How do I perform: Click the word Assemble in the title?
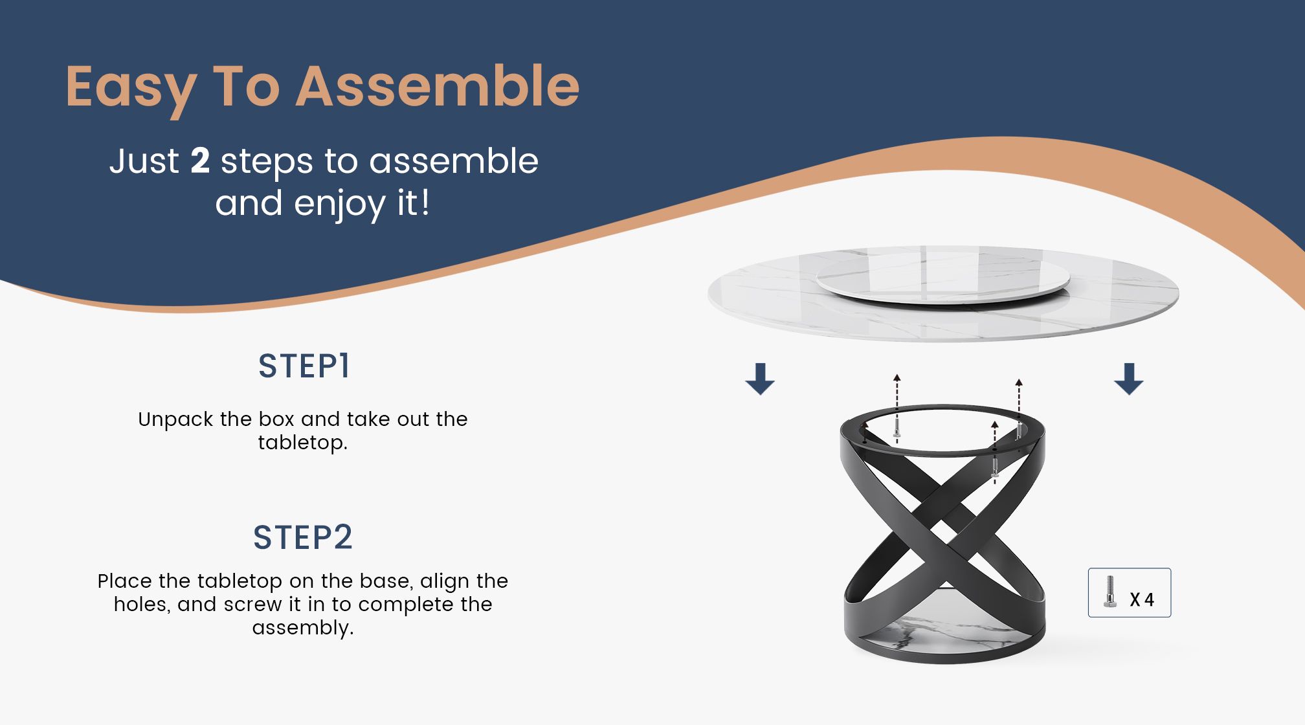pyautogui.click(x=438, y=86)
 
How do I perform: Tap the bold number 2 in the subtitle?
pyautogui.click(x=200, y=161)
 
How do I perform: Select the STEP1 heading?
pyautogui.click(x=304, y=366)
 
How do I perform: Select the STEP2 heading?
pyautogui.click(x=303, y=537)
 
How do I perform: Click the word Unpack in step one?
pyautogui.click(x=175, y=419)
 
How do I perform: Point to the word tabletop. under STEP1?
pyautogui.click(x=302, y=443)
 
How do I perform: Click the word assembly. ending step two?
pyautogui.click(x=302, y=628)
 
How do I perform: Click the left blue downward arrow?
pyautogui.click(x=760, y=379)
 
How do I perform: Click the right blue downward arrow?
pyautogui.click(x=1128, y=379)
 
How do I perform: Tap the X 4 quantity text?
pyautogui.click(x=1142, y=600)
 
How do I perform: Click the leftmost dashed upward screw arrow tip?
pyautogui.click(x=897, y=377)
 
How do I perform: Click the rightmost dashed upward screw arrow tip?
pyautogui.click(x=1019, y=382)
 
